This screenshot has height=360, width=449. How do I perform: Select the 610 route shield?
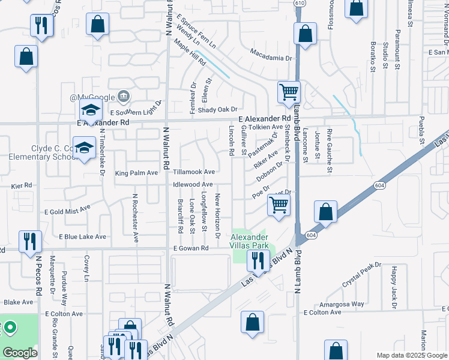[x=299, y=3]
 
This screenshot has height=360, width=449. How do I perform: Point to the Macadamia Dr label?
[x=271, y=58]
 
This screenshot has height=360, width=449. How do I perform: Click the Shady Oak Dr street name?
[x=218, y=109]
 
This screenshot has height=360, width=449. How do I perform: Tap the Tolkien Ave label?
[x=266, y=127]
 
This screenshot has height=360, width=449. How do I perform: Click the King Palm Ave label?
[x=136, y=173]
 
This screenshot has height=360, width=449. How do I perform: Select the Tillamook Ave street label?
[x=194, y=172]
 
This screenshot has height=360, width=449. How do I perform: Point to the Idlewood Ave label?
[x=193, y=184]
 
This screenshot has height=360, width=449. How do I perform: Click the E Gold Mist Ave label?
[x=67, y=210]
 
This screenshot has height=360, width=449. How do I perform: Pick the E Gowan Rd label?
[x=190, y=248]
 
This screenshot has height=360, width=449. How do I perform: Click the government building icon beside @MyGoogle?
[x=123, y=96]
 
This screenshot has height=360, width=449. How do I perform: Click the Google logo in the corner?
[x=20, y=353]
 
